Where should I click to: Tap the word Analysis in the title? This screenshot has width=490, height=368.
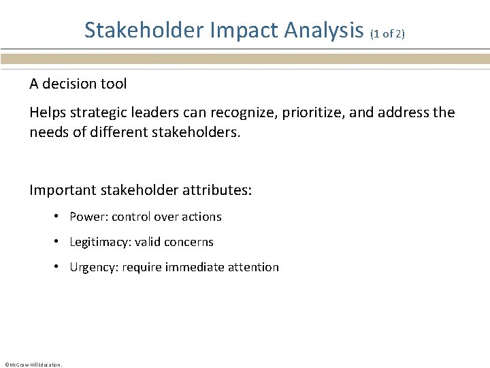(324, 30)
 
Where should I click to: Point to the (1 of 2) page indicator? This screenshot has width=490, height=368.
(388, 33)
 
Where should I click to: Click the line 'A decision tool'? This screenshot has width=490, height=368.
(78, 84)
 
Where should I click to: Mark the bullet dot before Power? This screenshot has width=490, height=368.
(60, 217)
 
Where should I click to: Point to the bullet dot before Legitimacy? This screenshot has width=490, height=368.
(60, 242)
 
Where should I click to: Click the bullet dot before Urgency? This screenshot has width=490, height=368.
(60, 267)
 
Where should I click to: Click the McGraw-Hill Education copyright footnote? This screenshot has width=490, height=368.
(33, 365)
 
